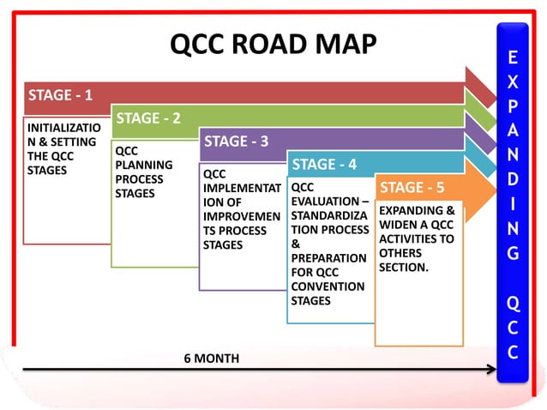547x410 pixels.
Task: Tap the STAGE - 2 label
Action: pos(148,118)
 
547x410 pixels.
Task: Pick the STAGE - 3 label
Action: pos(236,141)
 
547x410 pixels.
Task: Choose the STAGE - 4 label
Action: pos(324,164)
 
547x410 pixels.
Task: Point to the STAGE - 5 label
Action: pos(412,187)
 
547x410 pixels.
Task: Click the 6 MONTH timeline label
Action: pos(212,358)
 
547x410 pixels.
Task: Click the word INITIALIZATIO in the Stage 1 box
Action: pos(64,128)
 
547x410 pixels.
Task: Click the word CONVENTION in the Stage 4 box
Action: pos(328,286)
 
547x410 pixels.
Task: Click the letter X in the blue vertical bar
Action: pos(512,86)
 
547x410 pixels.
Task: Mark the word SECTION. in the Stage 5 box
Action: pos(404,268)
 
